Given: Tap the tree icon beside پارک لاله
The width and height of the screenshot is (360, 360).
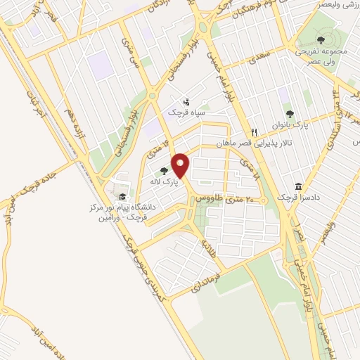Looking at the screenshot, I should click(x=164, y=171).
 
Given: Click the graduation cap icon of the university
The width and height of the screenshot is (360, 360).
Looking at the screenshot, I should click(x=122, y=197).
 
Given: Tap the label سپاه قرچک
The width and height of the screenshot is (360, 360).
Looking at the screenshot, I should click(x=184, y=112).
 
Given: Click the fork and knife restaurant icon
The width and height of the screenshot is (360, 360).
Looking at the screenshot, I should click(x=255, y=132).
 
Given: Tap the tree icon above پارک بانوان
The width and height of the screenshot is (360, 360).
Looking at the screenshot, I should click(x=289, y=114).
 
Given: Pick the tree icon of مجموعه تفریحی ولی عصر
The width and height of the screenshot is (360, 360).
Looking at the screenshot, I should click(x=321, y=41).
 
